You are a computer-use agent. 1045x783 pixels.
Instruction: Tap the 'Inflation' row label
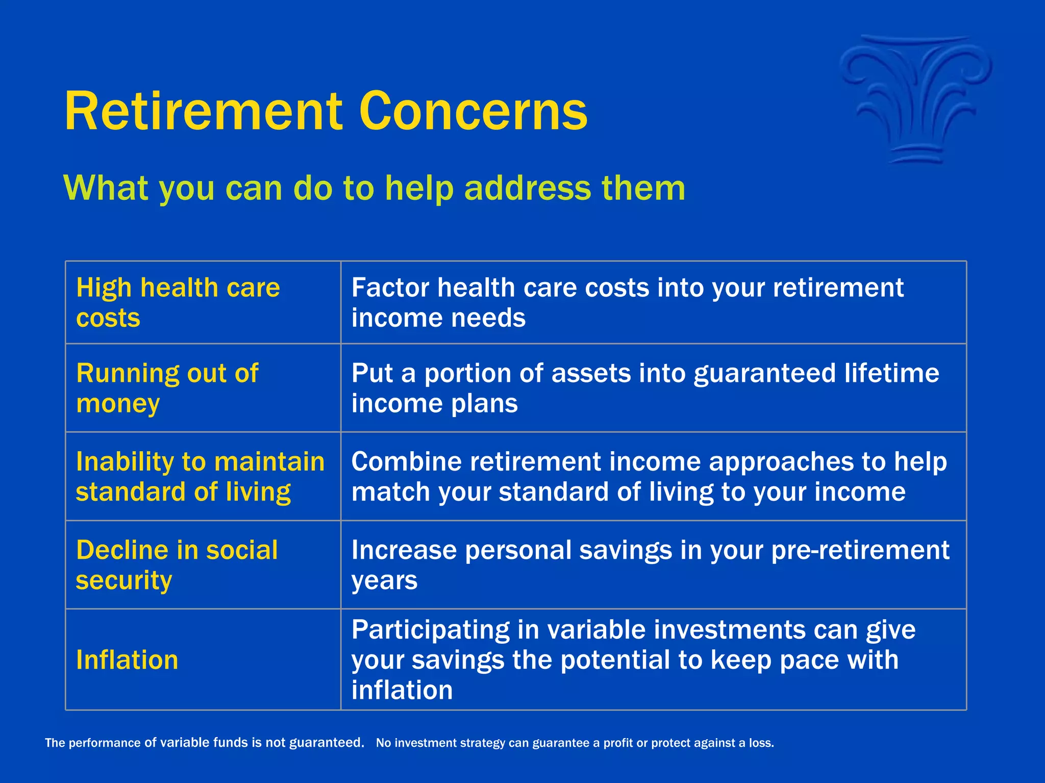pos(127,660)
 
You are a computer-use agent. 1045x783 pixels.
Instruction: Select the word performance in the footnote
pos(105,743)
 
